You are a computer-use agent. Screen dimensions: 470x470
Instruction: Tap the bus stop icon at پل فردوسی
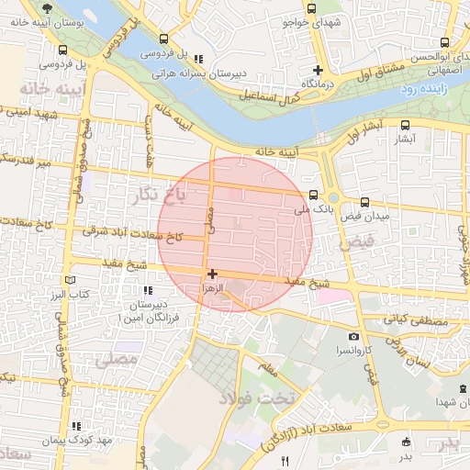pos(163,39)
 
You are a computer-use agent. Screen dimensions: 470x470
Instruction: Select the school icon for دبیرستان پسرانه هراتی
pos(198,59)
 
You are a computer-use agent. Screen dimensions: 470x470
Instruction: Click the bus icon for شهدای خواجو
pos(312,9)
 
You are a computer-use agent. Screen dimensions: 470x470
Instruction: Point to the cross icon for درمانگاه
pos(318,70)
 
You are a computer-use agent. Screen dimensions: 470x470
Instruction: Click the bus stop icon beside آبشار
pos(406,126)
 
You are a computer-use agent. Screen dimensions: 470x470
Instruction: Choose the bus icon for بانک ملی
pos(313,195)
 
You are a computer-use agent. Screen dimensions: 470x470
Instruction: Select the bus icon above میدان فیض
pos(364,201)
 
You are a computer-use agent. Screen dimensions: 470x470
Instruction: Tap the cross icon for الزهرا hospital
pos(212,274)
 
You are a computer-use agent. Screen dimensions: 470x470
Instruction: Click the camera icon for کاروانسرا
pos(354,337)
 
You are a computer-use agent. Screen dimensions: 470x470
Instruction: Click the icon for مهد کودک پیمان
pos(77,426)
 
